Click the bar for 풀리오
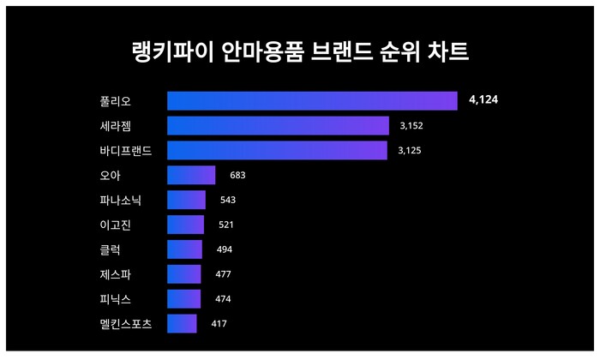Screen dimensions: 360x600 [312, 101]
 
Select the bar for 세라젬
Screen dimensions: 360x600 [278, 126]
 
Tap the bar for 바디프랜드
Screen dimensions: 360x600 [277, 151]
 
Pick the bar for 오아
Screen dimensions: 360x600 [191, 176]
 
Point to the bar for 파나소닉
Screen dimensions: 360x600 [186, 200]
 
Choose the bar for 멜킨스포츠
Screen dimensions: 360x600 [182, 324]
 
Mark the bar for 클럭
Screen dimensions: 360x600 [184, 249]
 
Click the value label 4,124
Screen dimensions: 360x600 [483, 101]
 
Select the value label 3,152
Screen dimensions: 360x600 [411, 126]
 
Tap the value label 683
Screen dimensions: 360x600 [238, 176]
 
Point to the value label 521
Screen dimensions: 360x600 [226, 225]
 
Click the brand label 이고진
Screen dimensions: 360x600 [116, 225]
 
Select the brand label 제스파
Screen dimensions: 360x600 [116, 274]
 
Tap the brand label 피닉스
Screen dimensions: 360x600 [116, 299]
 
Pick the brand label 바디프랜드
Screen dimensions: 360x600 [126, 151]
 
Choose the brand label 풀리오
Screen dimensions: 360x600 [116, 101]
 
